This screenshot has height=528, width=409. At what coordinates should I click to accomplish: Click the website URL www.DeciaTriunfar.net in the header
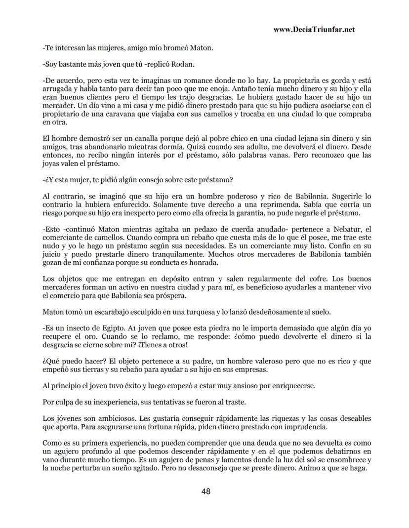point(314,30)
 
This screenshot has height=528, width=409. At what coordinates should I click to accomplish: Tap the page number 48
point(206,491)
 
